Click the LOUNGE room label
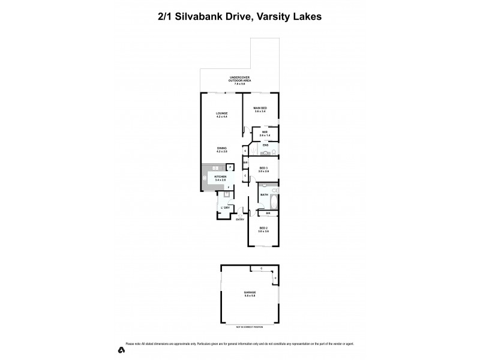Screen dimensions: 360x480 pos(221,113)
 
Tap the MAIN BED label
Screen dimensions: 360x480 pos(260,108)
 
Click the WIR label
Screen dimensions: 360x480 pos(264,132)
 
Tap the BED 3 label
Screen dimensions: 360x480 pos(263,168)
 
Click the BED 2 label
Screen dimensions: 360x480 pos(263,228)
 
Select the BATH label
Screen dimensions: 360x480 pos(264,194)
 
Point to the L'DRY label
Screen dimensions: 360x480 pos(225,208)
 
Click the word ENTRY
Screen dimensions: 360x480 pos(240,219)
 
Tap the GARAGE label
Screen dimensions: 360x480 pos(250,292)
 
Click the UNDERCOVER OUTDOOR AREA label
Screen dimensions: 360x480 pos(239,79)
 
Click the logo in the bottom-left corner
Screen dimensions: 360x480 pos(121,349)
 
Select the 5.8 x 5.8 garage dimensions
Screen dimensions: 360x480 pos(250,296)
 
